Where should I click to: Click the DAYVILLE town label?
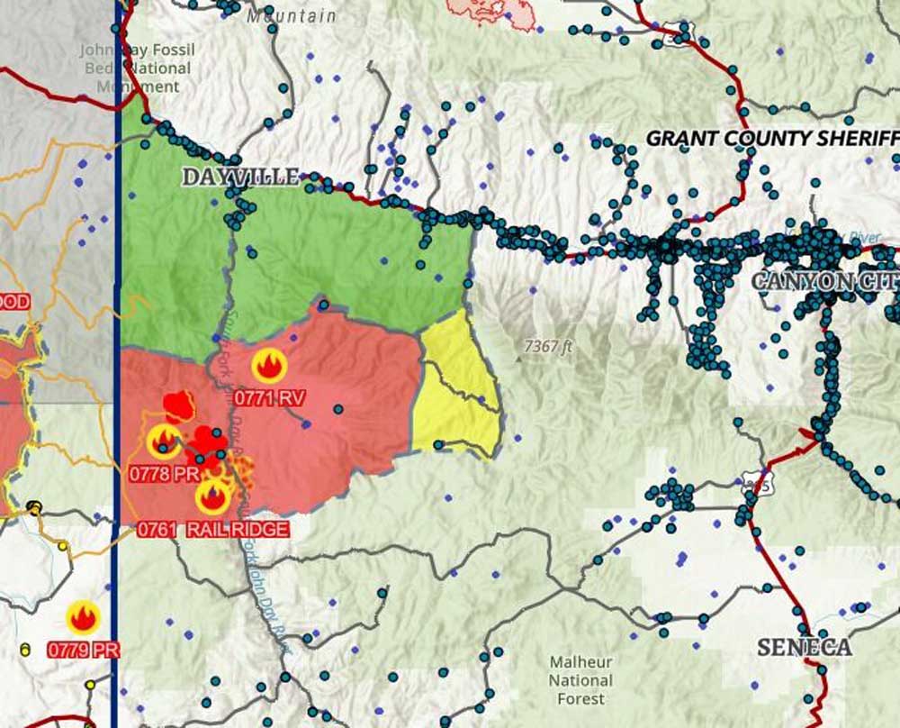pos(240,177)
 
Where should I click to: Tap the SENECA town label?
pos(804,647)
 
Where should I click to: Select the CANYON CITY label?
pos(824,281)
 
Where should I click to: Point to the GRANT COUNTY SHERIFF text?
pos(772,138)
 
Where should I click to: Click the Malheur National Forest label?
pos(580,680)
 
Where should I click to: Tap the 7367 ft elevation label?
pos(548,346)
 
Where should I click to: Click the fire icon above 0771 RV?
pos(268,366)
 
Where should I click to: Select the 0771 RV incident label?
pos(270,396)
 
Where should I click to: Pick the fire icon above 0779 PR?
pos(83,618)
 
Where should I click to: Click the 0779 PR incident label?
pos(83,649)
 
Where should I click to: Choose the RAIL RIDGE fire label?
pos(238,529)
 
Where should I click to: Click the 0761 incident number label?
pos(157,529)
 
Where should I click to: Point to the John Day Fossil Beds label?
pos(137,68)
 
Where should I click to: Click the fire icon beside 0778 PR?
pos(164,440)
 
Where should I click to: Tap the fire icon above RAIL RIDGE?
pos(213,496)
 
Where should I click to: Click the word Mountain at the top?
pos(291,15)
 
